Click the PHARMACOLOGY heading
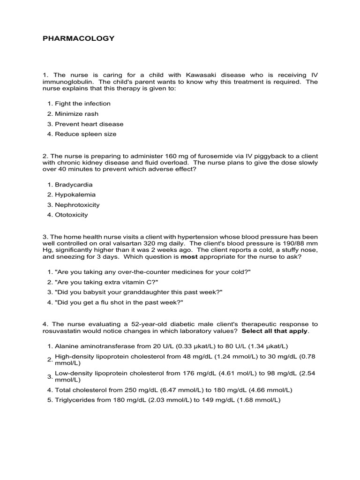pyautogui.click(x=78, y=38)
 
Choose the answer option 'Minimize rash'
pyautogui.click(x=76, y=114)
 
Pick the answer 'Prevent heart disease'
pyautogui.click(x=89, y=124)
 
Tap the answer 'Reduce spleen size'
pyautogui.click(x=85, y=134)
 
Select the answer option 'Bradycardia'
pyautogui.click(x=74, y=185)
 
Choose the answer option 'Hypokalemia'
pyautogui.click(x=75, y=195)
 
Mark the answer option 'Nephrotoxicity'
pyautogui.click(x=77, y=205)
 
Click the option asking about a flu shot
pyautogui.click(x=119, y=302)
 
